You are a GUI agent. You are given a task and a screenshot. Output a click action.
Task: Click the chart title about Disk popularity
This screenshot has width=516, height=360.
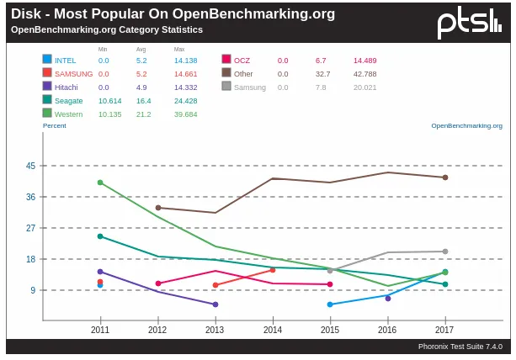(173, 13)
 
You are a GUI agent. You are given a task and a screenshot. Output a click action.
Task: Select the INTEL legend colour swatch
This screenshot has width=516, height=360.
(47, 60)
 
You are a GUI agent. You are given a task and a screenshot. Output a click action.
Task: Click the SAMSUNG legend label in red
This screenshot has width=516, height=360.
(74, 74)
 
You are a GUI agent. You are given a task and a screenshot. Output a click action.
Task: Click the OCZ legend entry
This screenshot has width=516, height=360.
(242, 61)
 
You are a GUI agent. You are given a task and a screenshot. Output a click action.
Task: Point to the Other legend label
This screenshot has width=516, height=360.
(243, 74)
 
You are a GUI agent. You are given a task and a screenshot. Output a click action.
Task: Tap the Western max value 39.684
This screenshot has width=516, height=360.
(185, 114)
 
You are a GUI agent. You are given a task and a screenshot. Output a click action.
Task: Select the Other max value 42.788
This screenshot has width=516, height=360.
(364, 74)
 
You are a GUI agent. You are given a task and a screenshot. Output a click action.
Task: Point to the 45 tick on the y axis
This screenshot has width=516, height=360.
(31, 166)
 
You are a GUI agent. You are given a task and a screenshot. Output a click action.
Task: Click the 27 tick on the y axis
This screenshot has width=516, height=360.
(31, 228)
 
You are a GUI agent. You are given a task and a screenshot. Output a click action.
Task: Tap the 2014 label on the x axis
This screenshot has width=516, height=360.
(273, 330)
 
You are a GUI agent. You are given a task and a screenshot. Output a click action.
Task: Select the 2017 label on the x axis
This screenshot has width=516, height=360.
(444, 330)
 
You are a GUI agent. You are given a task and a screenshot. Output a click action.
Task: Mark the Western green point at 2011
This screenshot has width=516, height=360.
(100, 183)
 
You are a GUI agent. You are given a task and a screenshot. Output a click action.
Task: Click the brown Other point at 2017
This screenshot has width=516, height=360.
(445, 177)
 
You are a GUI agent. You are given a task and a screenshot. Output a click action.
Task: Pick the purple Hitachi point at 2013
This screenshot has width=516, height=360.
(215, 304)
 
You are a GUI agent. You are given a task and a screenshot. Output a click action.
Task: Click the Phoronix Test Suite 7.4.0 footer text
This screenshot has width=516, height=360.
(460, 347)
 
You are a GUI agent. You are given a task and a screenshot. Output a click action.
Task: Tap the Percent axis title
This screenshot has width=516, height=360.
(55, 125)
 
